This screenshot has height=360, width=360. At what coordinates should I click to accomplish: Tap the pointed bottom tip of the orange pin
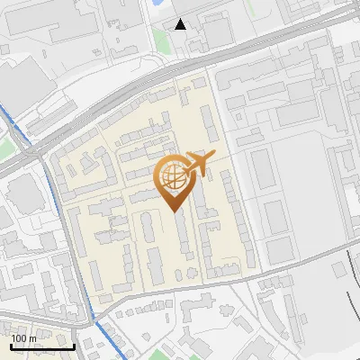point(174,211)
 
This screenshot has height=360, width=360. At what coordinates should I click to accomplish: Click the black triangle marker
point(181,23)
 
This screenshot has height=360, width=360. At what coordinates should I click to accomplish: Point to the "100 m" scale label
point(24,338)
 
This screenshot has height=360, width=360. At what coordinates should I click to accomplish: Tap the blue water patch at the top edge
point(158,4)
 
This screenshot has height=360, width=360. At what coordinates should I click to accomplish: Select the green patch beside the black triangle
point(161,40)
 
